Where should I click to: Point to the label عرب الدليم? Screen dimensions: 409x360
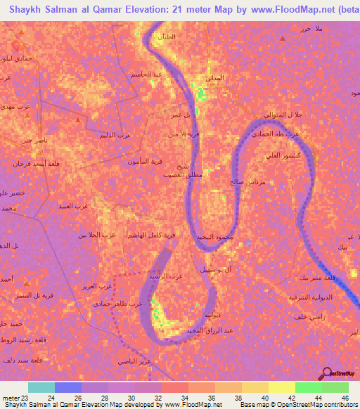tap(115, 134)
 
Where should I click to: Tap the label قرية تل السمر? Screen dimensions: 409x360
tap(33, 296)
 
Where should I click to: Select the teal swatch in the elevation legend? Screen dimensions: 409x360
tap(41, 387)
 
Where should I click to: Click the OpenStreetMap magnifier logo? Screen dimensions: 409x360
tap(326, 372)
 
